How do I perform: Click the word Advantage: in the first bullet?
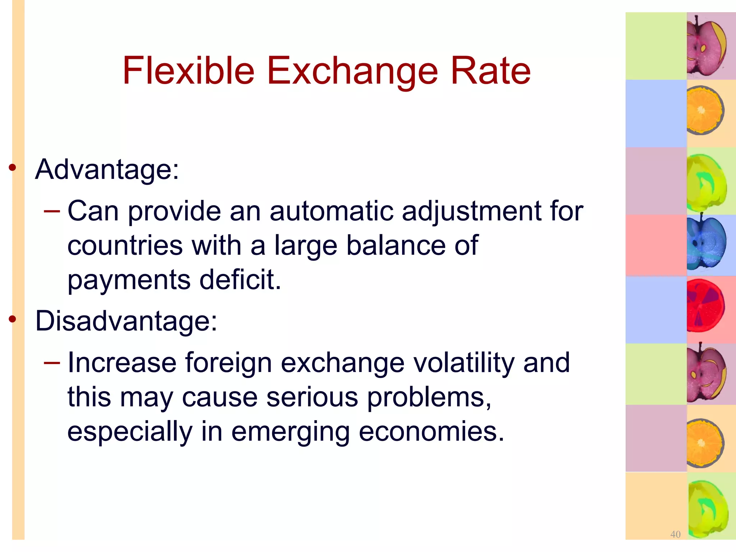click(107, 169)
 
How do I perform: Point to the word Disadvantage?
click(126, 321)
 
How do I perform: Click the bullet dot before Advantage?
click(13, 167)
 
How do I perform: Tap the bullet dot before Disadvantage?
click(13, 319)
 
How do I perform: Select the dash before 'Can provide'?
click(51, 211)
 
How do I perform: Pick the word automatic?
click(331, 211)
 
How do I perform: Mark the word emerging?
click(290, 432)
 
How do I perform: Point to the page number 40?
click(675, 534)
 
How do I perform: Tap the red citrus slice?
click(705, 306)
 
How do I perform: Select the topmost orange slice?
click(704, 110)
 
